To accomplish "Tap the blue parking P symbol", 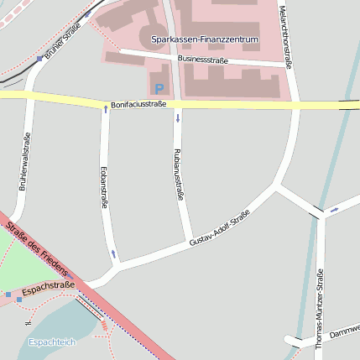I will [x=159, y=87].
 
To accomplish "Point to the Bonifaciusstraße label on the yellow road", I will [x=138, y=104].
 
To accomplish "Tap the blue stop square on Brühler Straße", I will [x=39, y=59].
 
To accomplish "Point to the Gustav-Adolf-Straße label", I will [x=220, y=228].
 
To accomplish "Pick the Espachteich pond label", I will [x=52, y=342].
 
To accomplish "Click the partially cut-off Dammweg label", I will [x=344, y=331].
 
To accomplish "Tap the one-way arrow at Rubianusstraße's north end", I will [x=177, y=118].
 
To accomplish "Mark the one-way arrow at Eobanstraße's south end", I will [x=113, y=253].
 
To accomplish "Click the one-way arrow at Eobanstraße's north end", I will [x=105, y=109].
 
